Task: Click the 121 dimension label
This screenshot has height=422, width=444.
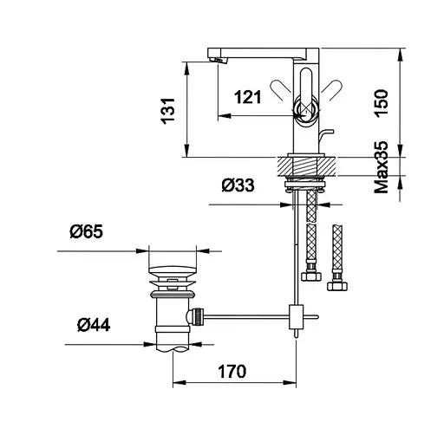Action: [x=248, y=97]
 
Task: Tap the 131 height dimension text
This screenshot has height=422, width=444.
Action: [x=168, y=111]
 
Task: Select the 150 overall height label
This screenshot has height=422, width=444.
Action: [x=382, y=103]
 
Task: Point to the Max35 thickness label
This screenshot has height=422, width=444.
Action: [x=382, y=167]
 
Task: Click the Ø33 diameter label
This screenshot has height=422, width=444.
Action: [x=238, y=185]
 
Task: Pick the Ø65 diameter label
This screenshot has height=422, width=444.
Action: [x=86, y=232]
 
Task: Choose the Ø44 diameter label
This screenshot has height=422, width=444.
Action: [x=94, y=325]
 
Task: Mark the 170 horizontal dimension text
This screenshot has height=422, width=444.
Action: [x=232, y=372]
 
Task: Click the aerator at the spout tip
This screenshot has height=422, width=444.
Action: [x=219, y=60]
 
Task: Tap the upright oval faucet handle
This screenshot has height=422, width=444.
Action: [x=307, y=87]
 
